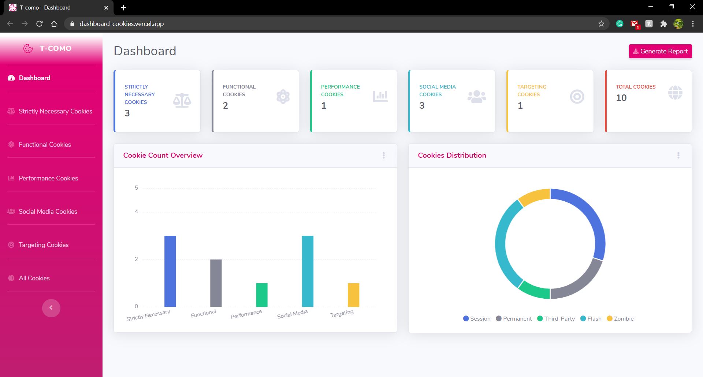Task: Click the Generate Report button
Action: point(660,51)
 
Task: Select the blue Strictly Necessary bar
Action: point(170,271)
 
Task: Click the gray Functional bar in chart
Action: point(216,283)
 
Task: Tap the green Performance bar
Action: point(262,295)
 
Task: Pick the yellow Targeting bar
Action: point(353,295)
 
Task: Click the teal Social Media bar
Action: point(308,271)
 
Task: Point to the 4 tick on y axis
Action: point(136,212)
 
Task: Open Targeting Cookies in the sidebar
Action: point(44,245)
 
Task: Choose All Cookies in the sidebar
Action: point(34,278)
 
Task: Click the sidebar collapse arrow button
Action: point(51,308)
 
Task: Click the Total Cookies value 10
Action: point(621,98)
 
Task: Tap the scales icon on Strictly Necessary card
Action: point(182,100)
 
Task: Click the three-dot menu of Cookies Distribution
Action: point(678,155)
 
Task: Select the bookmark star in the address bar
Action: point(601,24)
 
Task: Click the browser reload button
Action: point(40,24)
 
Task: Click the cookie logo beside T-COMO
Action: point(28,48)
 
